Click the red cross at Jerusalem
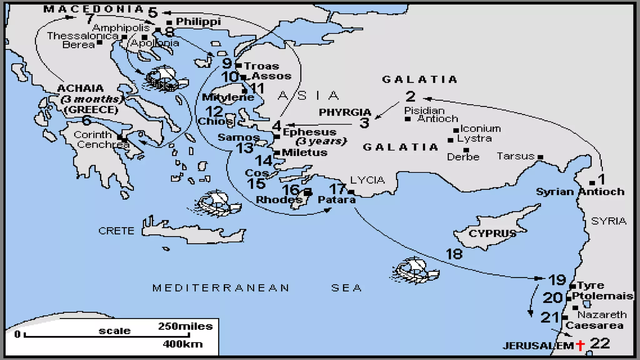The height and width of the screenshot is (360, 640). [580, 345]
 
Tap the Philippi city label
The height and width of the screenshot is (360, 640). [198, 22]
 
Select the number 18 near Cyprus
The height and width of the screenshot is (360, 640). [454, 254]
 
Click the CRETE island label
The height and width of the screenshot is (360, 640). [116, 231]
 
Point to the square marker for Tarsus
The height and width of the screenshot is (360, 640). [540, 157]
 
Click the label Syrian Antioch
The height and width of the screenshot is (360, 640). [580, 192]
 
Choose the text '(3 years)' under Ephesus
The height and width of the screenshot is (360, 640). [321, 141]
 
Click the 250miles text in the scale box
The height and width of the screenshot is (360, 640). [185, 326]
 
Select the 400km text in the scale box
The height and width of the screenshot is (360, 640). [183, 344]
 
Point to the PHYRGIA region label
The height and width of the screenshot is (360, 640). [345, 112]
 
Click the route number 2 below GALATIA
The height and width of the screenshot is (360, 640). [410, 96]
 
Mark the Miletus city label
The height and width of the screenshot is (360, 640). [304, 152]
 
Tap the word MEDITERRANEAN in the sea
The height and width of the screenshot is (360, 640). [221, 288]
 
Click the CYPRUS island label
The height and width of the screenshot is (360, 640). [492, 233]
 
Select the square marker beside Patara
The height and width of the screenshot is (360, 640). [351, 192]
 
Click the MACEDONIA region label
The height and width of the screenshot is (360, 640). [93, 9]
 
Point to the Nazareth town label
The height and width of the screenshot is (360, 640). [602, 314]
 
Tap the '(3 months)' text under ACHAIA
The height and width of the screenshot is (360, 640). [92, 99]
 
